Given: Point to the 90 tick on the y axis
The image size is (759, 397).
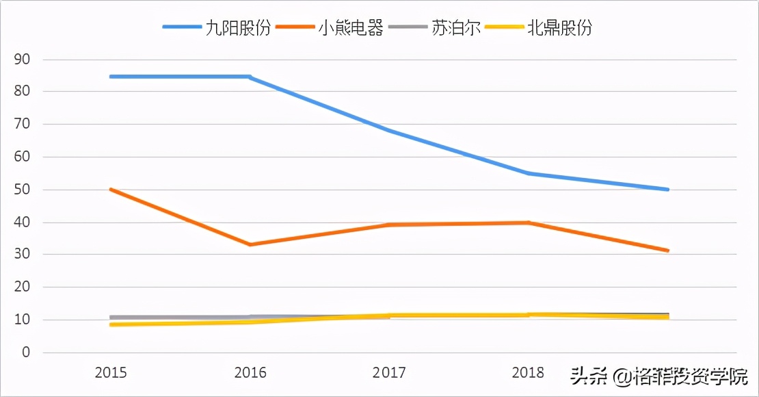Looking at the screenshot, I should pos(22,60).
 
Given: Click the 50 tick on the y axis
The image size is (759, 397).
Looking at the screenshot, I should pos(22,190).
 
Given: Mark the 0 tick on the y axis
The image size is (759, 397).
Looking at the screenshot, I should pos(26,353).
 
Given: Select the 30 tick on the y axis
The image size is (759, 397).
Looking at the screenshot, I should pos(22,255).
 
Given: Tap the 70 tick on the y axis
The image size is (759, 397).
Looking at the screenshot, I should pos(22,125).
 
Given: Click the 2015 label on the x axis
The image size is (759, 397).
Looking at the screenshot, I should pos(111,373).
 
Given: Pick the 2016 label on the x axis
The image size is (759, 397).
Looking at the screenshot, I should pos(250,373).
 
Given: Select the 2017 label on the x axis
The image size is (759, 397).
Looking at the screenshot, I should pos(389,373).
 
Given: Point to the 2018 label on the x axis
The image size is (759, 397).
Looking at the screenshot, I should pos(528,373).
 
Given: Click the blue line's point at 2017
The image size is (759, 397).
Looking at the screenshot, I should pos(389,131).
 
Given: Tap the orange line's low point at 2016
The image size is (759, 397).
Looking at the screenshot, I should pos(250,244).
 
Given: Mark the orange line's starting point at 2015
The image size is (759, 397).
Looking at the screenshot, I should pos(111,189).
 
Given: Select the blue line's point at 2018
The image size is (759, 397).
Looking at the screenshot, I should pos(528,173).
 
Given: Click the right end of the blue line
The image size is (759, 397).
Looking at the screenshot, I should pos(667,190).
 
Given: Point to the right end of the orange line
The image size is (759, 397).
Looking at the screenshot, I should pos(667,251).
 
